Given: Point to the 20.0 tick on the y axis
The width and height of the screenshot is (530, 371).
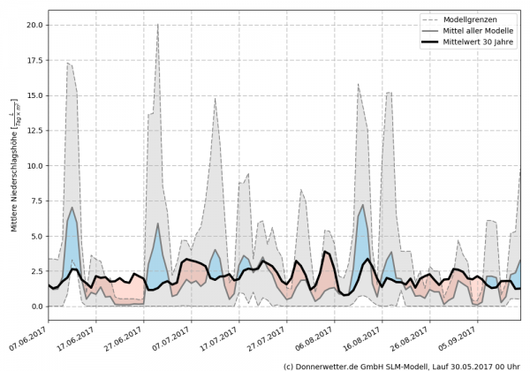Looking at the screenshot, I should (x=34, y=25).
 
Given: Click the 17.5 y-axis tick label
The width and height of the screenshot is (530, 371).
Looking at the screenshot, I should (x=34, y=60).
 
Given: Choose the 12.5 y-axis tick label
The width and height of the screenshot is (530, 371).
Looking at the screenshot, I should (x=34, y=131).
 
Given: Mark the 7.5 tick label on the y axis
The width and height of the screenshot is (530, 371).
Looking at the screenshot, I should (x=36, y=201).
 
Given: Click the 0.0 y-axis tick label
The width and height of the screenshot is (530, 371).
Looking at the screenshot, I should (x=36, y=307).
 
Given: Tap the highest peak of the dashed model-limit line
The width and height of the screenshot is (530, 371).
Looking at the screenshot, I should (x=157, y=25).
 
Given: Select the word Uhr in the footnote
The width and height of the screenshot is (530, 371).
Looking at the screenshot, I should (x=515, y=365).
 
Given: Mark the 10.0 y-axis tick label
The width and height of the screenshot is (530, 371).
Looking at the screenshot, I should (x=34, y=166).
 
